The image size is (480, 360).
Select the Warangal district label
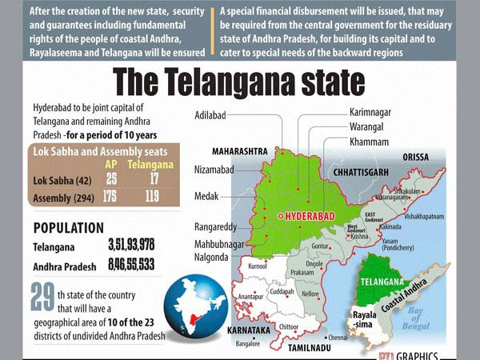(x=372, y=126)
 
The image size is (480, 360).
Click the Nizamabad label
(x=214, y=170)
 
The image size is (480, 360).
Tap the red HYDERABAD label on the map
(x=305, y=217)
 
